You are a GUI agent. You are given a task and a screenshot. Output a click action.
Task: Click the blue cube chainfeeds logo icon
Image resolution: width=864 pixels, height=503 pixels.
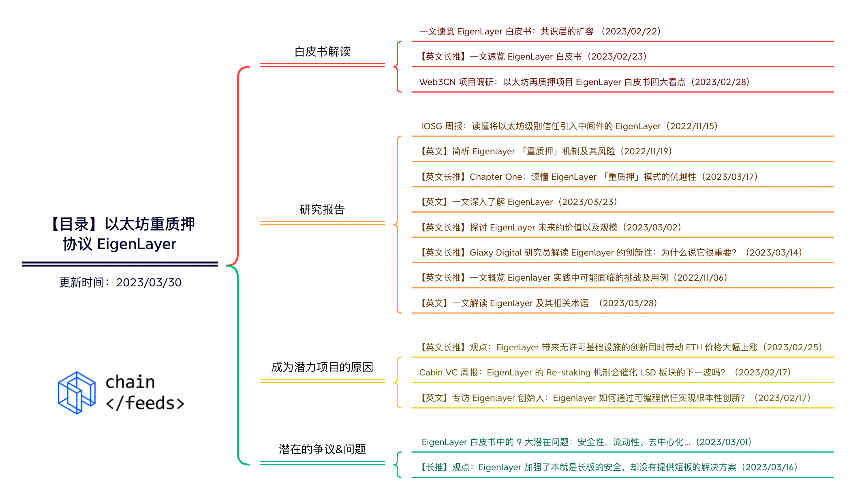(x=77, y=392)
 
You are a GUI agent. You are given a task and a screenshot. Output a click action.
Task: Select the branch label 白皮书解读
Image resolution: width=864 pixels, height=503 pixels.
(x=322, y=52)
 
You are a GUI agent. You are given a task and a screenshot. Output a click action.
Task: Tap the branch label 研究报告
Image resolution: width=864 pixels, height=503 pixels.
(x=322, y=209)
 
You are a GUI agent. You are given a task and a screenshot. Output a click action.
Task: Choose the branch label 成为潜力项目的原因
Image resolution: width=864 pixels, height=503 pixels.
(x=322, y=367)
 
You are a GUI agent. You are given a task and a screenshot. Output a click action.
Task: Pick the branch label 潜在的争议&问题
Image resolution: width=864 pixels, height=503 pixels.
(x=322, y=449)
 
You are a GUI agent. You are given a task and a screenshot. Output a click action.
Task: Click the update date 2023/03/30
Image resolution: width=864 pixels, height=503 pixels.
(x=148, y=282)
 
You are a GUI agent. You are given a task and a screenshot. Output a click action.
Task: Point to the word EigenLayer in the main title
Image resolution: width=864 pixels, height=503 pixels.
(x=137, y=244)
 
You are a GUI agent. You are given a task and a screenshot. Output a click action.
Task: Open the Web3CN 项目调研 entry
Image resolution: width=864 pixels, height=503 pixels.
(x=584, y=82)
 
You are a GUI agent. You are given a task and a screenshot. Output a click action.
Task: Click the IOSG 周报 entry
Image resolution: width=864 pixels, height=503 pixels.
(x=569, y=126)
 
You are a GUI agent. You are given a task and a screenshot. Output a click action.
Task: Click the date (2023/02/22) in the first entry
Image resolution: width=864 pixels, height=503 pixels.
(x=631, y=32)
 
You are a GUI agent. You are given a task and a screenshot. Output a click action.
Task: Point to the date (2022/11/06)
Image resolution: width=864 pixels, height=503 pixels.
(x=700, y=278)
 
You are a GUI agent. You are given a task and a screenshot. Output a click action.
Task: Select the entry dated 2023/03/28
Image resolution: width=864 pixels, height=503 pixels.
(x=539, y=303)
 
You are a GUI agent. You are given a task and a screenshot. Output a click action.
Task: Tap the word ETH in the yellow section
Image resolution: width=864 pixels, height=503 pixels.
(x=694, y=347)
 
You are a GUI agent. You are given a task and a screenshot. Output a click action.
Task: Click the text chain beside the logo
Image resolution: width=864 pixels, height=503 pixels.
(x=130, y=382)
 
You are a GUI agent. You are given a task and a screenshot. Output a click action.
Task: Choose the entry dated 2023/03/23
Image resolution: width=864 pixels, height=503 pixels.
(x=518, y=202)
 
